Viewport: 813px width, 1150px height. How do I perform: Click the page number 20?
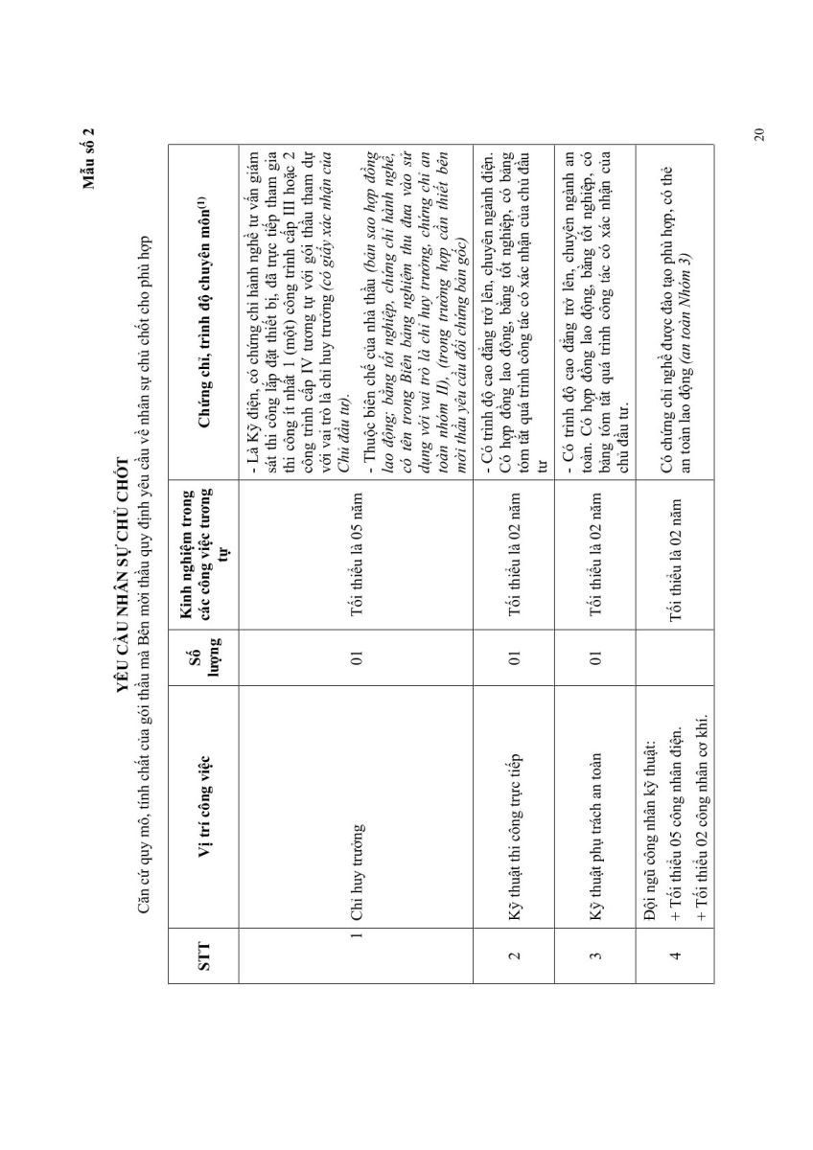(x=758, y=133)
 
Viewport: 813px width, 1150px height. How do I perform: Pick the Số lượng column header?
(x=203, y=657)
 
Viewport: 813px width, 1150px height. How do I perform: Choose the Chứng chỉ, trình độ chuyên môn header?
(x=203, y=309)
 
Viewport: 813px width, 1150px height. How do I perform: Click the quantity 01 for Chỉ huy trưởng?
(x=356, y=657)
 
